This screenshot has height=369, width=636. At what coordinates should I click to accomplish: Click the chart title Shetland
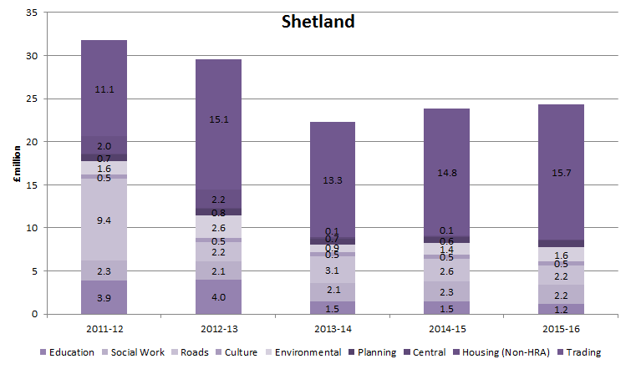[x=317, y=22]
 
